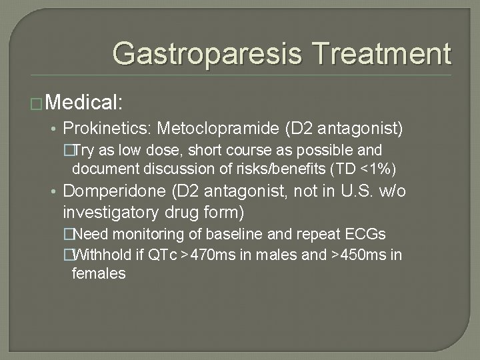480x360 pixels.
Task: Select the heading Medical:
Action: (85, 103)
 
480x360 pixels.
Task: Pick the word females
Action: (99, 273)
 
